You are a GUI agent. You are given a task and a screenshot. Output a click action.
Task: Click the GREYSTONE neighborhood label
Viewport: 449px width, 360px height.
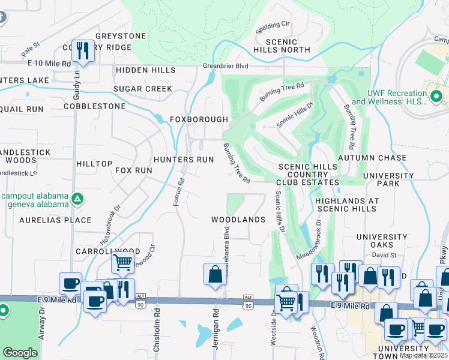coord(121,36)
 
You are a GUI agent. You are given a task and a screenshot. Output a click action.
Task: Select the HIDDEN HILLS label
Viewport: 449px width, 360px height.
coord(145,70)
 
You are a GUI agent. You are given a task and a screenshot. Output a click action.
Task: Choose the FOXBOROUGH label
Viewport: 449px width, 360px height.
coord(199,119)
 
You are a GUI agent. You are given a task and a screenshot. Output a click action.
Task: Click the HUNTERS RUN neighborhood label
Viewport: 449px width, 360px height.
coord(183,160)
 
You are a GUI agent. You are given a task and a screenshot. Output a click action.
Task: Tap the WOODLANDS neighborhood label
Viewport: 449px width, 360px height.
coord(238,220)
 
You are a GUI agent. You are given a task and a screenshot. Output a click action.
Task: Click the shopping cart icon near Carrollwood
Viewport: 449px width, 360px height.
coord(122,261)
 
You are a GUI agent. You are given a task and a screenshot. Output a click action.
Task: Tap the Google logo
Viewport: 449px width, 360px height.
coord(20,353)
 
